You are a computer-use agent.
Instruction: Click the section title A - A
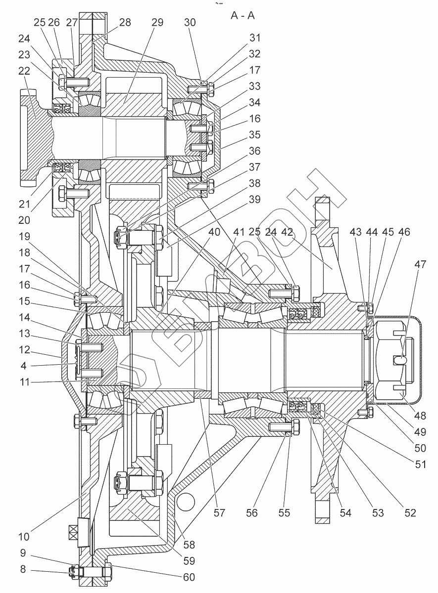[x=243, y=16]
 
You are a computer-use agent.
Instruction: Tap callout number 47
[x=420, y=264]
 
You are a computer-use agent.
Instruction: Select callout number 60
[x=189, y=577]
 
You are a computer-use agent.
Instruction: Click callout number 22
[x=24, y=71]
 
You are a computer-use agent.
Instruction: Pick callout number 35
[x=254, y=135]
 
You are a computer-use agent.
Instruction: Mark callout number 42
[x=287, y=232]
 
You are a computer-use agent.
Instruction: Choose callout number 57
[x=219, y=513]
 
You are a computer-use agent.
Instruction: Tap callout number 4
[x=24, y=366]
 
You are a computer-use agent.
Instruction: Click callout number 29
[x=157, y=23]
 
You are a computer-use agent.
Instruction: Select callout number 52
[x=410, y=513]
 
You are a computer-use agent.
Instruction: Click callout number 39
[x=254, y=200]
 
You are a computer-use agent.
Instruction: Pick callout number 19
[x=24, y=236]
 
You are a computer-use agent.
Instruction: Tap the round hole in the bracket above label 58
[x=186, y=502]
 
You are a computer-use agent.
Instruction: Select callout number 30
[x=190, y=23]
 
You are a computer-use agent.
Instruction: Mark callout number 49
[x=420, y=432]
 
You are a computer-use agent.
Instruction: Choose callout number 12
[x=24, y=350]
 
